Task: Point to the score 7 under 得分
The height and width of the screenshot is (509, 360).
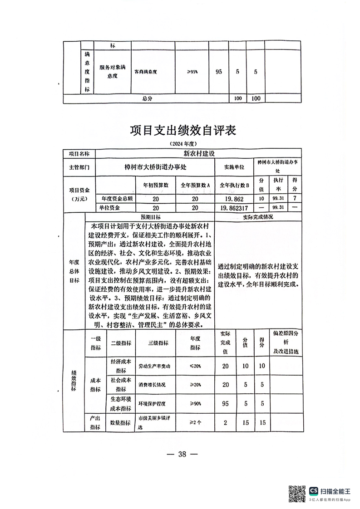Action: coord(295,198)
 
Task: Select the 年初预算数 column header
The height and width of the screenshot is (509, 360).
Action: coord(155,185)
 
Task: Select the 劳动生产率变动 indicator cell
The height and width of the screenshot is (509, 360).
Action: coord(155,366)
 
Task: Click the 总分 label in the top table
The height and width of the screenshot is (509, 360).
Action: coord(147,98)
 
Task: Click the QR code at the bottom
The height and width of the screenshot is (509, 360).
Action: coord(297,494)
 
